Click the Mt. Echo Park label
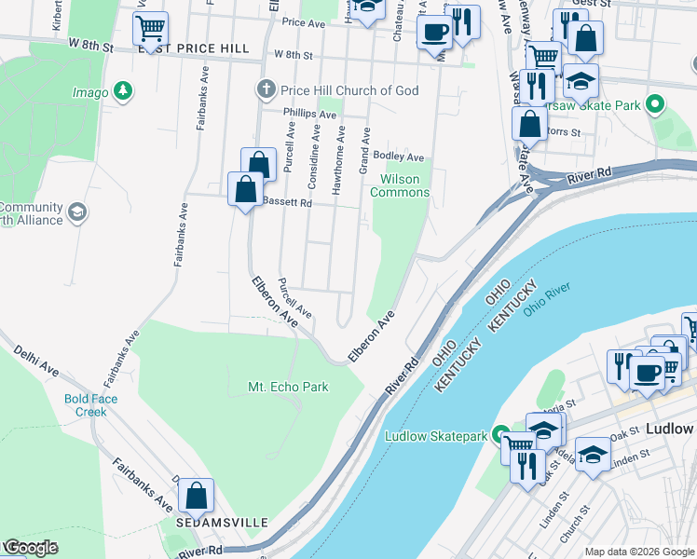[x=288, y=387]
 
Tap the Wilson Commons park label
[x=400, y=185]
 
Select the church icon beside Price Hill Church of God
[x=266, y=90]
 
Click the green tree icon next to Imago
[x=122, y=91]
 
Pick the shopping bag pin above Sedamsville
[x=197, y=496]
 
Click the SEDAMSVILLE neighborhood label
[x=222, y=522]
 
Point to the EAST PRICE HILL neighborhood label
[x=194, y=48]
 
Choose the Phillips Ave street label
[x=310, y=115]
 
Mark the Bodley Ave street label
[x=398, y=157]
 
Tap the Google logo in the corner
[x=31, y=548]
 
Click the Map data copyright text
[x=639, y=552]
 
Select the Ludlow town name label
[x=669, y=429]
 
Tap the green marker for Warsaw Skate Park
[x=655, y=105]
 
